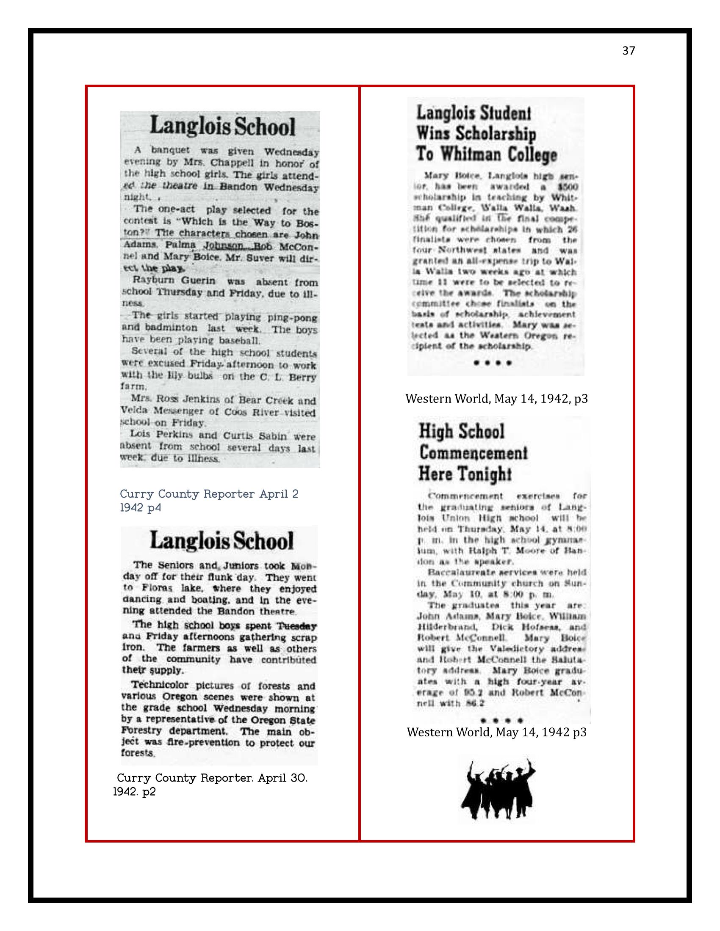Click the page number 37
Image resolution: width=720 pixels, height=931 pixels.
(628, 51)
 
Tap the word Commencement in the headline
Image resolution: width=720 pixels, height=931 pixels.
(473, 453)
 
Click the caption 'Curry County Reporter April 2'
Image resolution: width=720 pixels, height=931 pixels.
(209, 494)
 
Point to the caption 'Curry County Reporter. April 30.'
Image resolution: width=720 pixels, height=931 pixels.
(212, 778)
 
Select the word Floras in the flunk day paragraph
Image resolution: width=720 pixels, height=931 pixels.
(157, 589)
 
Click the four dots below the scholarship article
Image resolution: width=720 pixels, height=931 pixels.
(493, 363)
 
